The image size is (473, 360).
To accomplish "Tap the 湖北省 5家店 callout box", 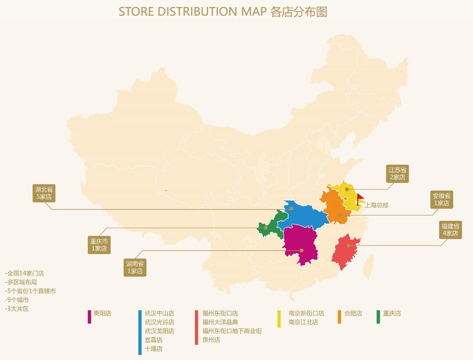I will pos(44,193).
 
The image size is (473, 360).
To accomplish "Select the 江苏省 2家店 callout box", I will pos(397,174).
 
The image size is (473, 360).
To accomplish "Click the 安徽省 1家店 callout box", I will pos(441,199).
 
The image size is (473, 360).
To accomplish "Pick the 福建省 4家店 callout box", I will pos(450,230).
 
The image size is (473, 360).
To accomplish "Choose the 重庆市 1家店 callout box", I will pos(99,245).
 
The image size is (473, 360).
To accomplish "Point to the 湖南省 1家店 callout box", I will pos(135,267).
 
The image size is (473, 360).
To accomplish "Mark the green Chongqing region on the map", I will pos(269,227).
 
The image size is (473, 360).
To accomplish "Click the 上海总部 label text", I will pos(376,205).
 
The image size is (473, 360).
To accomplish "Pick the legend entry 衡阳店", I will pos(102,313).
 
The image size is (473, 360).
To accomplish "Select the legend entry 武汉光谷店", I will pos(159,322).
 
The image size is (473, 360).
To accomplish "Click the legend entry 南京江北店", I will pos(303,322).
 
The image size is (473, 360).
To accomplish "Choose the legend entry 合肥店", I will pos(353,313).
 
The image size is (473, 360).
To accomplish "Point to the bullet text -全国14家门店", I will pos(25,274).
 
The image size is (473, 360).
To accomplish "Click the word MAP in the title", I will pos(254,12).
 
